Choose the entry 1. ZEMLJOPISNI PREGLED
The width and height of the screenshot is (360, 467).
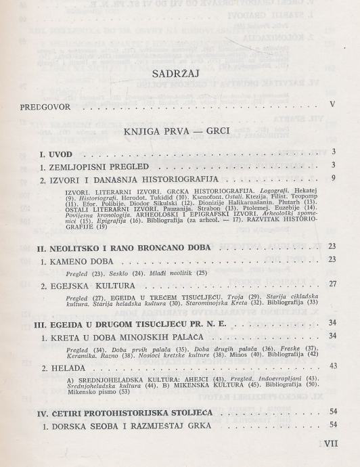98,166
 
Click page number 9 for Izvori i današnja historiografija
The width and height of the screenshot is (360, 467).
333,178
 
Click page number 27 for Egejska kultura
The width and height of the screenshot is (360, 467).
331,284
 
